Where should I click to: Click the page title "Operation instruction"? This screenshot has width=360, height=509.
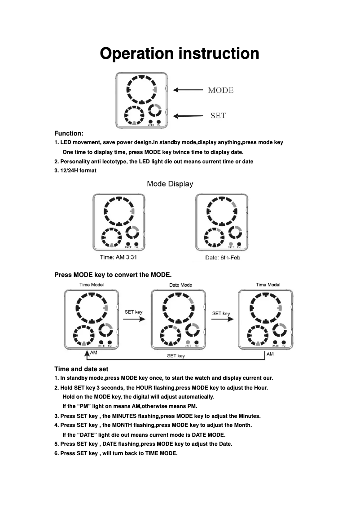180,53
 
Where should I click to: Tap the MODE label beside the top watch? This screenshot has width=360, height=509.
220,90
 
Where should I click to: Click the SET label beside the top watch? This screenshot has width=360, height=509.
218,116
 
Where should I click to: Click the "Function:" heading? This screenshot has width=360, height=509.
69,133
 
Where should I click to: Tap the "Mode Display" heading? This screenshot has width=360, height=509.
170,184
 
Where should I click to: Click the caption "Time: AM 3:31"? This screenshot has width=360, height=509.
118,257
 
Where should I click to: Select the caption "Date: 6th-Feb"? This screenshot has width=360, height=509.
222,258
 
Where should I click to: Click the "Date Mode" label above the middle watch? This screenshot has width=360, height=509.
180,285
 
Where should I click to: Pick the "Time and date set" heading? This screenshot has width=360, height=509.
81,369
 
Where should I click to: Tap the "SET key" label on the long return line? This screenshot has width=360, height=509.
176,356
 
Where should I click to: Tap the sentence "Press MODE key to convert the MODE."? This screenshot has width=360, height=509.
113,274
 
